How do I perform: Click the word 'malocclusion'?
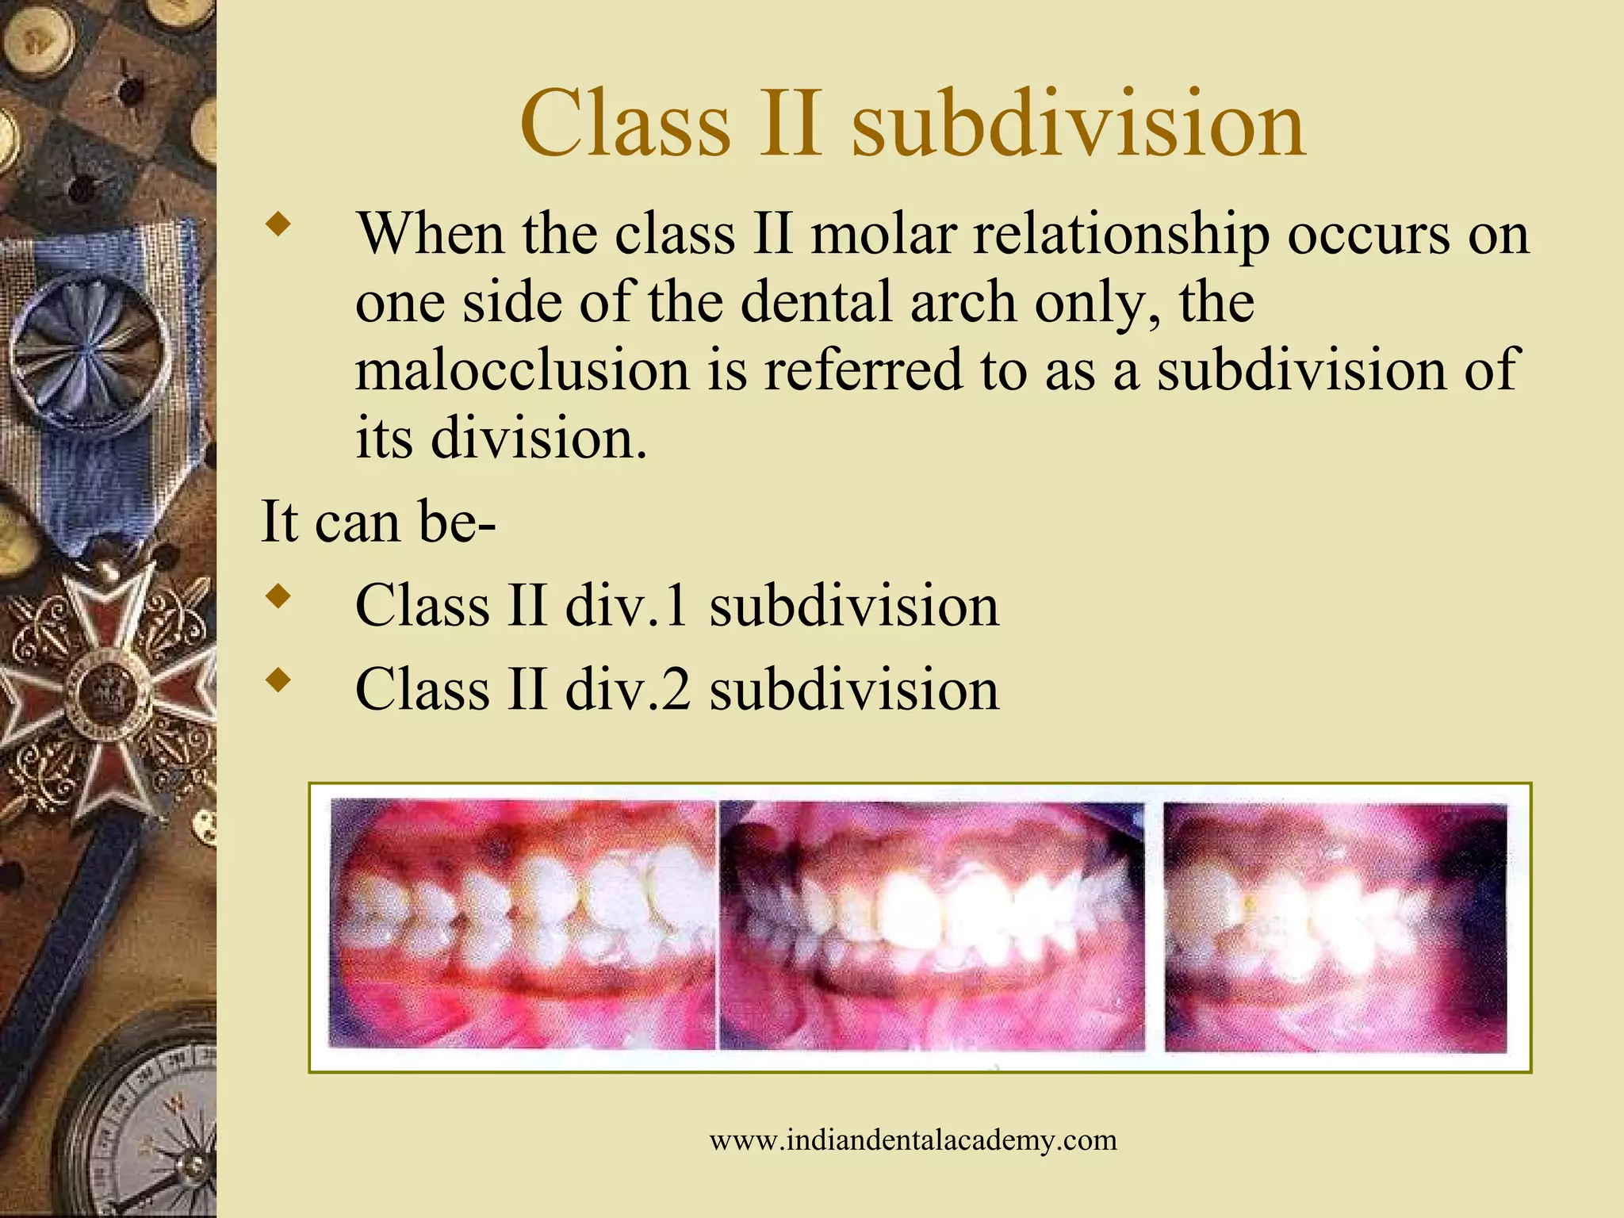522,371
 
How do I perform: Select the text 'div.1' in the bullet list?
626,606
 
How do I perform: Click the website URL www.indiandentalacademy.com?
913,1140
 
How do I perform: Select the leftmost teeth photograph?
522,925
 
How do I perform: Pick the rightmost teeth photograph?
1335,926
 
